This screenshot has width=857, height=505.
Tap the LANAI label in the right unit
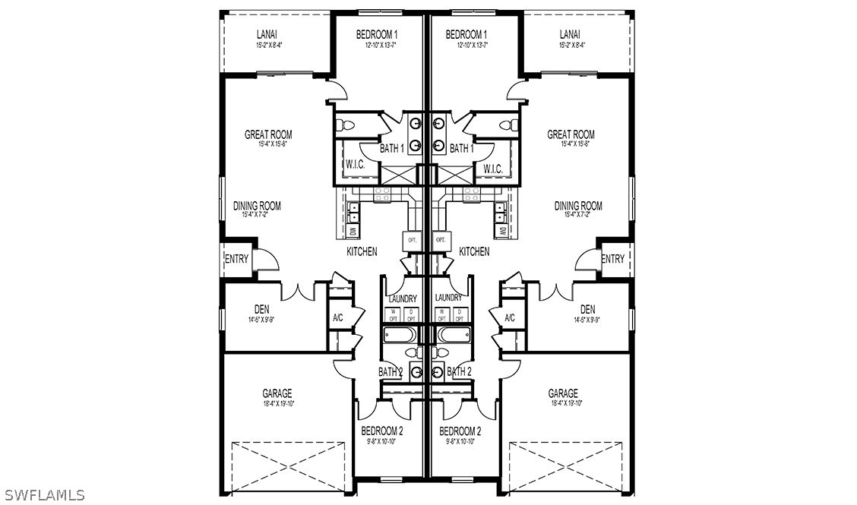tap(570, 34)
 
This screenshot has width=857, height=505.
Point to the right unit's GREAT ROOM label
tap(571, 134)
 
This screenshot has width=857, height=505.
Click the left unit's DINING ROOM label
tap(258, 206)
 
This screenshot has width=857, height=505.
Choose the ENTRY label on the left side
tap(236, 259)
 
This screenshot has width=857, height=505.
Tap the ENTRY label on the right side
tap(612, 259)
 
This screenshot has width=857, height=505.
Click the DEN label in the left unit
tap(262, 309)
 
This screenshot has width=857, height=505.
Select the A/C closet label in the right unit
tap(509, 317)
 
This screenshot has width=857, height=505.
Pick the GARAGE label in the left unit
tap(277, 393)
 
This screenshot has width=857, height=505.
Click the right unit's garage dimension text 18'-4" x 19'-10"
tap(563, 403)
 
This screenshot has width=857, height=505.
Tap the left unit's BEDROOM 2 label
tap(381, 431)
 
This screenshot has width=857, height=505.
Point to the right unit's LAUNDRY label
tap(449, 298)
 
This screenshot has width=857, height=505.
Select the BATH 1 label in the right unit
tap(461, 149)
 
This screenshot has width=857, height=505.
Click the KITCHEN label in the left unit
tap(362, 251)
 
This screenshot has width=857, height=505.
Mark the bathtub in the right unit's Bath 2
tap(453, 335)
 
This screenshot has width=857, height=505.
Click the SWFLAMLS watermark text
tap(43, 495)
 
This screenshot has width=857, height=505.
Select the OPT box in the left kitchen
tap(413, 239)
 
